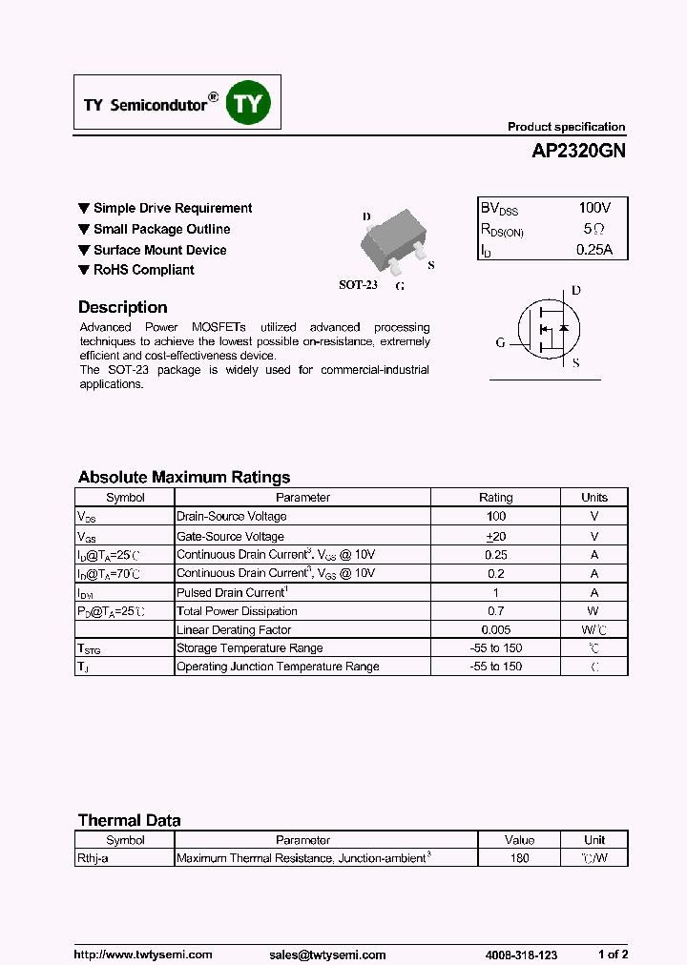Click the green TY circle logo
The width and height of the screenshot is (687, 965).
[x=248, y=105]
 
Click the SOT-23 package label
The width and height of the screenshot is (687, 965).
[x=358, y=284]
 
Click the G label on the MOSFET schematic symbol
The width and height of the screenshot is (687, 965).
[x=500, y=343]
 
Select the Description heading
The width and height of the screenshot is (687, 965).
[x=122, y=307]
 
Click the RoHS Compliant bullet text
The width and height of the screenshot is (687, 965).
[x=143, y=270]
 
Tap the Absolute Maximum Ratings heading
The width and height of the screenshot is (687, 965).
[x=183, y=477]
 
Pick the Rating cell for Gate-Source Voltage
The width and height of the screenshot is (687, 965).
[x=495, y=536]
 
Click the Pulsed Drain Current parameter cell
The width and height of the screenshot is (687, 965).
[x=232, y=592]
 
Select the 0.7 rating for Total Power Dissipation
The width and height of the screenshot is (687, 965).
[x=495, y=611]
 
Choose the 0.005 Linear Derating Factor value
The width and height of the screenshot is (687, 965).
[x=495, y=629]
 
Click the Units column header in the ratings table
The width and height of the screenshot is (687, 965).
[x=593, y=497]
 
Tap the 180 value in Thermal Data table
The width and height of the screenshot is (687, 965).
[x=520, y=858]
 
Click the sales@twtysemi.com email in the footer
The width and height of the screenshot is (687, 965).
[x=327, y=955]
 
